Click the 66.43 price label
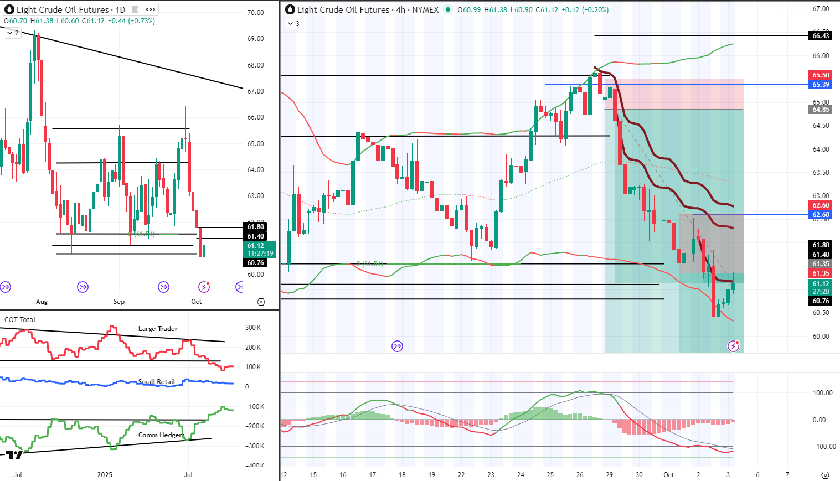pos(821,36)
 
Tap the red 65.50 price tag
pos(821,75)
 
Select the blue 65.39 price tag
pos(821,85)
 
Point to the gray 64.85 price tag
pos(821,110)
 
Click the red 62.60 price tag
pos(821,205)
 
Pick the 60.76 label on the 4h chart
pos(821,301)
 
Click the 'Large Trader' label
pos(158,329)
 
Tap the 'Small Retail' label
pos(157,382)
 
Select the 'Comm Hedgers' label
pos(161,435)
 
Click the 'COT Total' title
pos(20,319)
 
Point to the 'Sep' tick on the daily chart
pos(119,302)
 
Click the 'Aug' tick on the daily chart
pos(42,302)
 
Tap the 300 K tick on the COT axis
pos(253,328)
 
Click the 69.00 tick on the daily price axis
pos(255,39)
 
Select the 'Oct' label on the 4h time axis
pos(669,475)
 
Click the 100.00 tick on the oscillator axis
pos(822,393)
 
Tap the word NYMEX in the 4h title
pos(425,10)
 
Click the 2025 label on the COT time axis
pos(105,475)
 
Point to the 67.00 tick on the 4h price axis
pos(821,9)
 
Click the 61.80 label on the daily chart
pos(255,227)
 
